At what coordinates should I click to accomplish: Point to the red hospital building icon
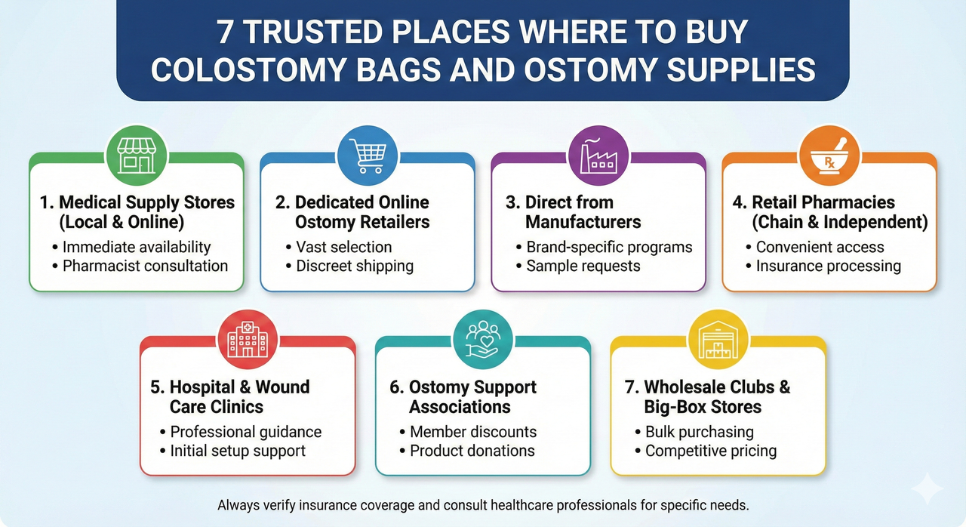tap(248, 341)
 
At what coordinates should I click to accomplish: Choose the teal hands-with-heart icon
tap(482, 341)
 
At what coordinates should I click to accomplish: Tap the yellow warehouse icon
tap(718, 341)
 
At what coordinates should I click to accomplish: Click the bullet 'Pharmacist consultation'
tap(145, 266)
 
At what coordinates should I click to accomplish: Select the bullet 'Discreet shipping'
tap(354, 266)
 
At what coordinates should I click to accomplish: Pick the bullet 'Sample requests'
tap(583, 266)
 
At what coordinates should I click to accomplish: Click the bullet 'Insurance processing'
tap(828, 266)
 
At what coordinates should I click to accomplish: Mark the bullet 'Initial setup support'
tap(237, 451)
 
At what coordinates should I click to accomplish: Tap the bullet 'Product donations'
tap(472, 451)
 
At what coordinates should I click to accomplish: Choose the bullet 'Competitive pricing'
tap(710, 451)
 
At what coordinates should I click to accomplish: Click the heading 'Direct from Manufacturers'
tap(583, 212)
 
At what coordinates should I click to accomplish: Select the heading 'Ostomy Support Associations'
tap(472, 396)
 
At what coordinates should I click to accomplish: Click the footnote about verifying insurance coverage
tap(483, 504)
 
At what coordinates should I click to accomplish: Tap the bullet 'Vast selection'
tap(343, 247)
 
